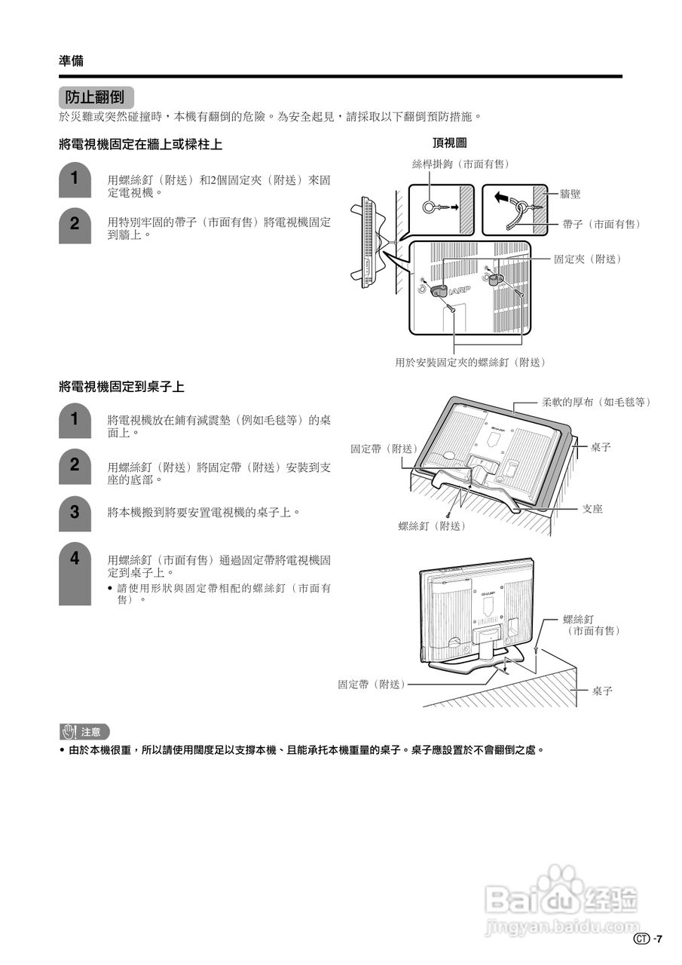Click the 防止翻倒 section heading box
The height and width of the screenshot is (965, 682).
[95, 97]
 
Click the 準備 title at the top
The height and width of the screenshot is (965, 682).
[72, 60]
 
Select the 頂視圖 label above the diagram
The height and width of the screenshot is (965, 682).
[449, 142]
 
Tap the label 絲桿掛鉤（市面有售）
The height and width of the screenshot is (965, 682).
[460, 164]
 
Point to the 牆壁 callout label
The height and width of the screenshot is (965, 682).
[570, 194]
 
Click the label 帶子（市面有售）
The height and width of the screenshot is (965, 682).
[601, 224]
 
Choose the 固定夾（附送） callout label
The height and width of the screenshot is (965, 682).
[588, 259]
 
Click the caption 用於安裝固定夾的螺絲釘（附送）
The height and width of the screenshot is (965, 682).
[470, 362]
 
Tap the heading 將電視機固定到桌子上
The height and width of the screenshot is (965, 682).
[121, 387]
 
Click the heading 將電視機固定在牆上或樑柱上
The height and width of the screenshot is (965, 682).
[140, 144]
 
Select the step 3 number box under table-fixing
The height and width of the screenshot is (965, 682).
[75, 514]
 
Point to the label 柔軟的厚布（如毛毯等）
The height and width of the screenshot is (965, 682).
[596, 402]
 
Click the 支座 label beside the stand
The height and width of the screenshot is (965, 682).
[592, 509]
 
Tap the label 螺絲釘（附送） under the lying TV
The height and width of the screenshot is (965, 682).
[432, 525]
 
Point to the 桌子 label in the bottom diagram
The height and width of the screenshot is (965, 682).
[602, 691]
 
